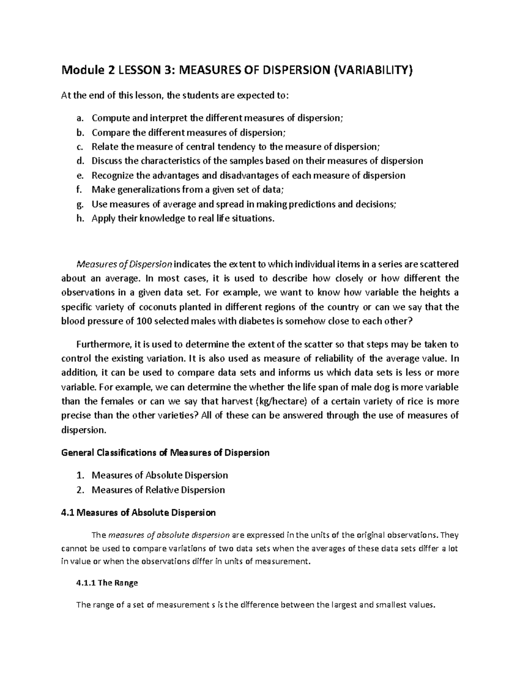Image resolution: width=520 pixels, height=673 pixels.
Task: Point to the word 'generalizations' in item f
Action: pos(149,190)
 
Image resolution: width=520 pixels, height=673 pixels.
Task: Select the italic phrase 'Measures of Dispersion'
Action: pos(124,264)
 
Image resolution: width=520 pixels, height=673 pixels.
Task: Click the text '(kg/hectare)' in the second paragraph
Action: pos(277,401)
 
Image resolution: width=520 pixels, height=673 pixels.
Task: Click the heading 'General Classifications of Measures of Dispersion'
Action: pos(166,453)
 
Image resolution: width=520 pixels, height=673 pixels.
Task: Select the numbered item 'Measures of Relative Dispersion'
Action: pos(158,490)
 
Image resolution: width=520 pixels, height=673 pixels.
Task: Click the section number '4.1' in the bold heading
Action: pos(68,513)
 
